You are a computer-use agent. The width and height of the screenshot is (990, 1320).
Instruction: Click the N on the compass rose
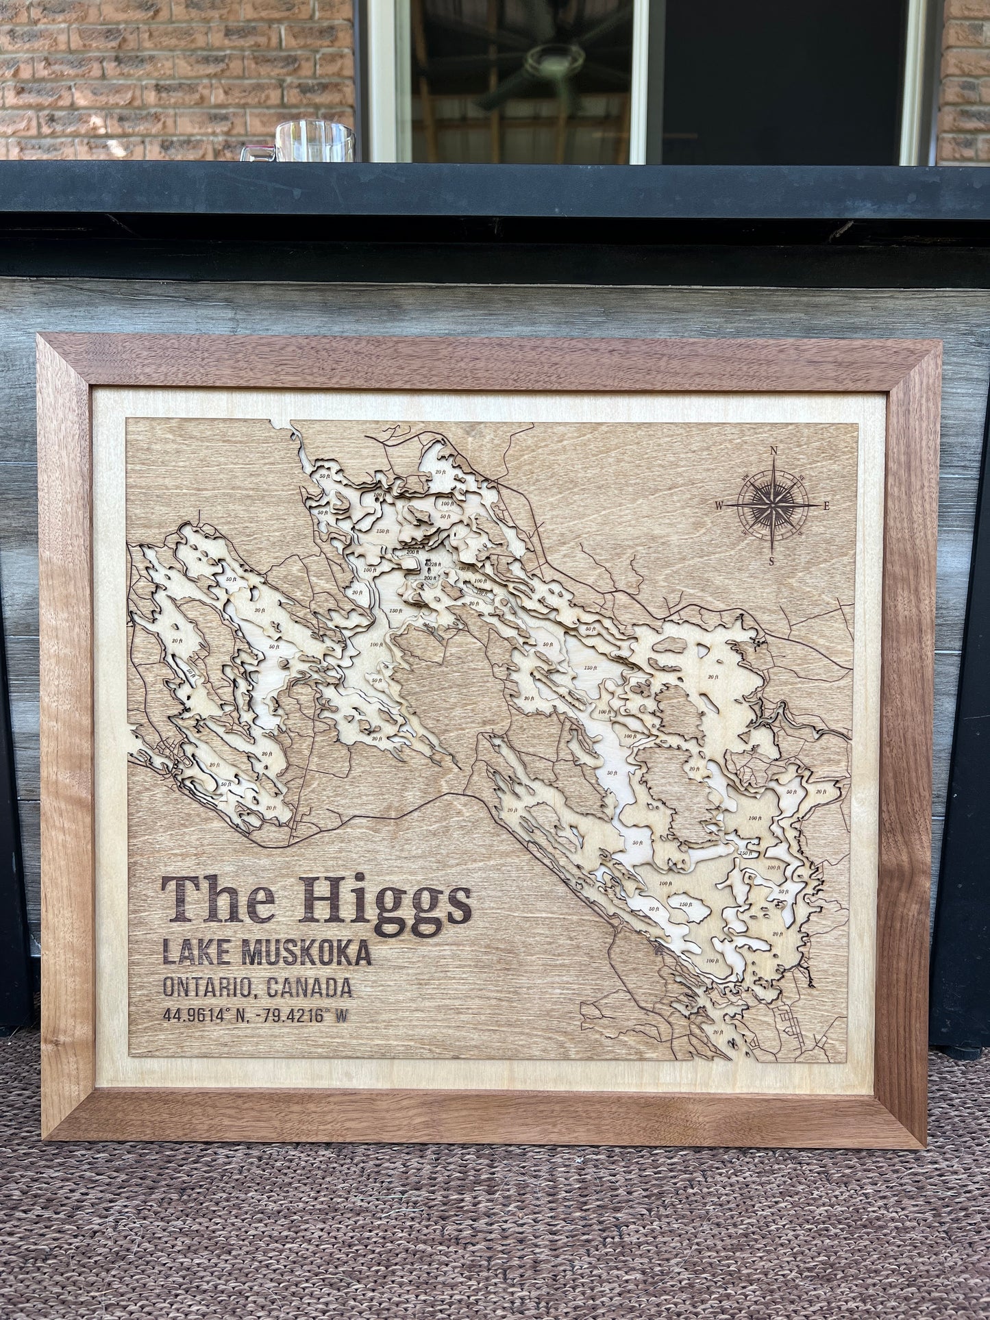point(774,451)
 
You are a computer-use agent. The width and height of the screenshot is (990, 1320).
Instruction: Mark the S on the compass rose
point(772,562)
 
